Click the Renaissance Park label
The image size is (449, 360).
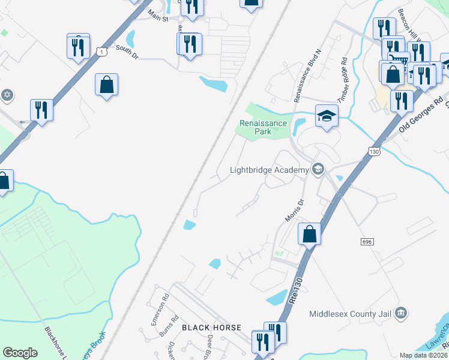260,127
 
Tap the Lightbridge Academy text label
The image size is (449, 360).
269,170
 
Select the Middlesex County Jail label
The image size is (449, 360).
351,313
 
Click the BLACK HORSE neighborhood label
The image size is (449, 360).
211,328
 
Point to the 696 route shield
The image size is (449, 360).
368,241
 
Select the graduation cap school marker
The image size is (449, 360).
326,116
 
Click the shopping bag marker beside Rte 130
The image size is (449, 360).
309,233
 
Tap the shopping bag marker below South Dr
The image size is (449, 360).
106,85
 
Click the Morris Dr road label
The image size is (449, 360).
292,211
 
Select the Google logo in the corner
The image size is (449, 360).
20,353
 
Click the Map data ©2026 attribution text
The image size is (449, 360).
423,355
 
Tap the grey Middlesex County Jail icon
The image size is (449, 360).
402,313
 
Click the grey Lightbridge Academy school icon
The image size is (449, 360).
318,170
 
